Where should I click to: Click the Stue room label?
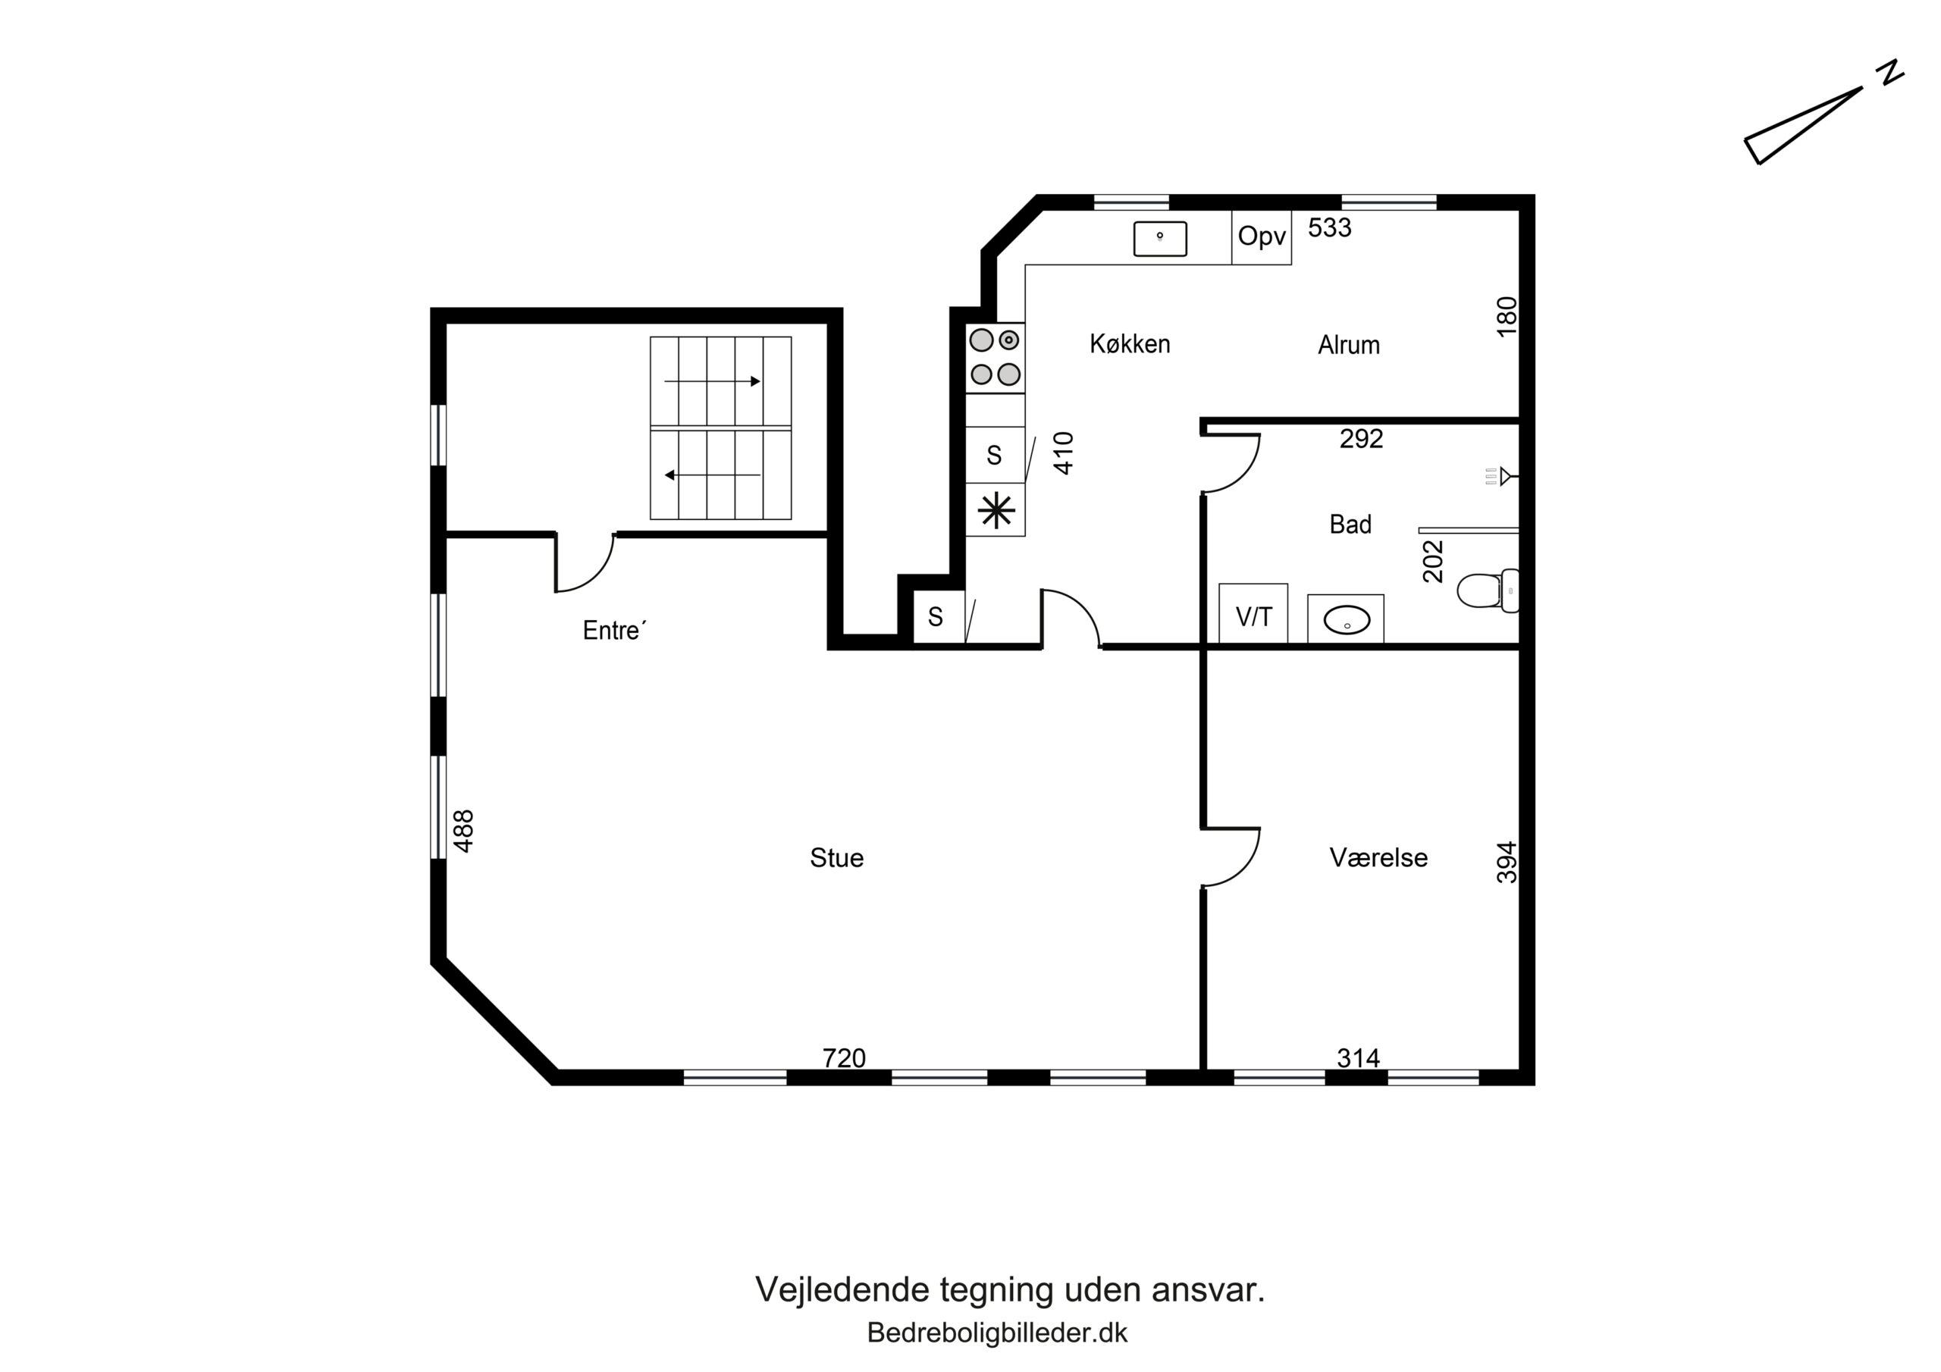(x=836, y=858)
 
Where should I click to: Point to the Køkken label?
(x=1130, y=344)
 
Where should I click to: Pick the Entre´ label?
(x=615, y=630)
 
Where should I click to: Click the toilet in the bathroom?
(x=1488, y=590)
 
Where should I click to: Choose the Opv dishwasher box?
(x=1262, y=236)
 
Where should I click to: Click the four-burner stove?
(x=995, y=358)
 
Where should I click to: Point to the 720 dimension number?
(x=844, y=1057)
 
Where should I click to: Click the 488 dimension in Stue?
(x=463, y=830)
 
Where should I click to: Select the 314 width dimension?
(x=1358, y=1057)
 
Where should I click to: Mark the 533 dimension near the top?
(x=1330, y=227)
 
